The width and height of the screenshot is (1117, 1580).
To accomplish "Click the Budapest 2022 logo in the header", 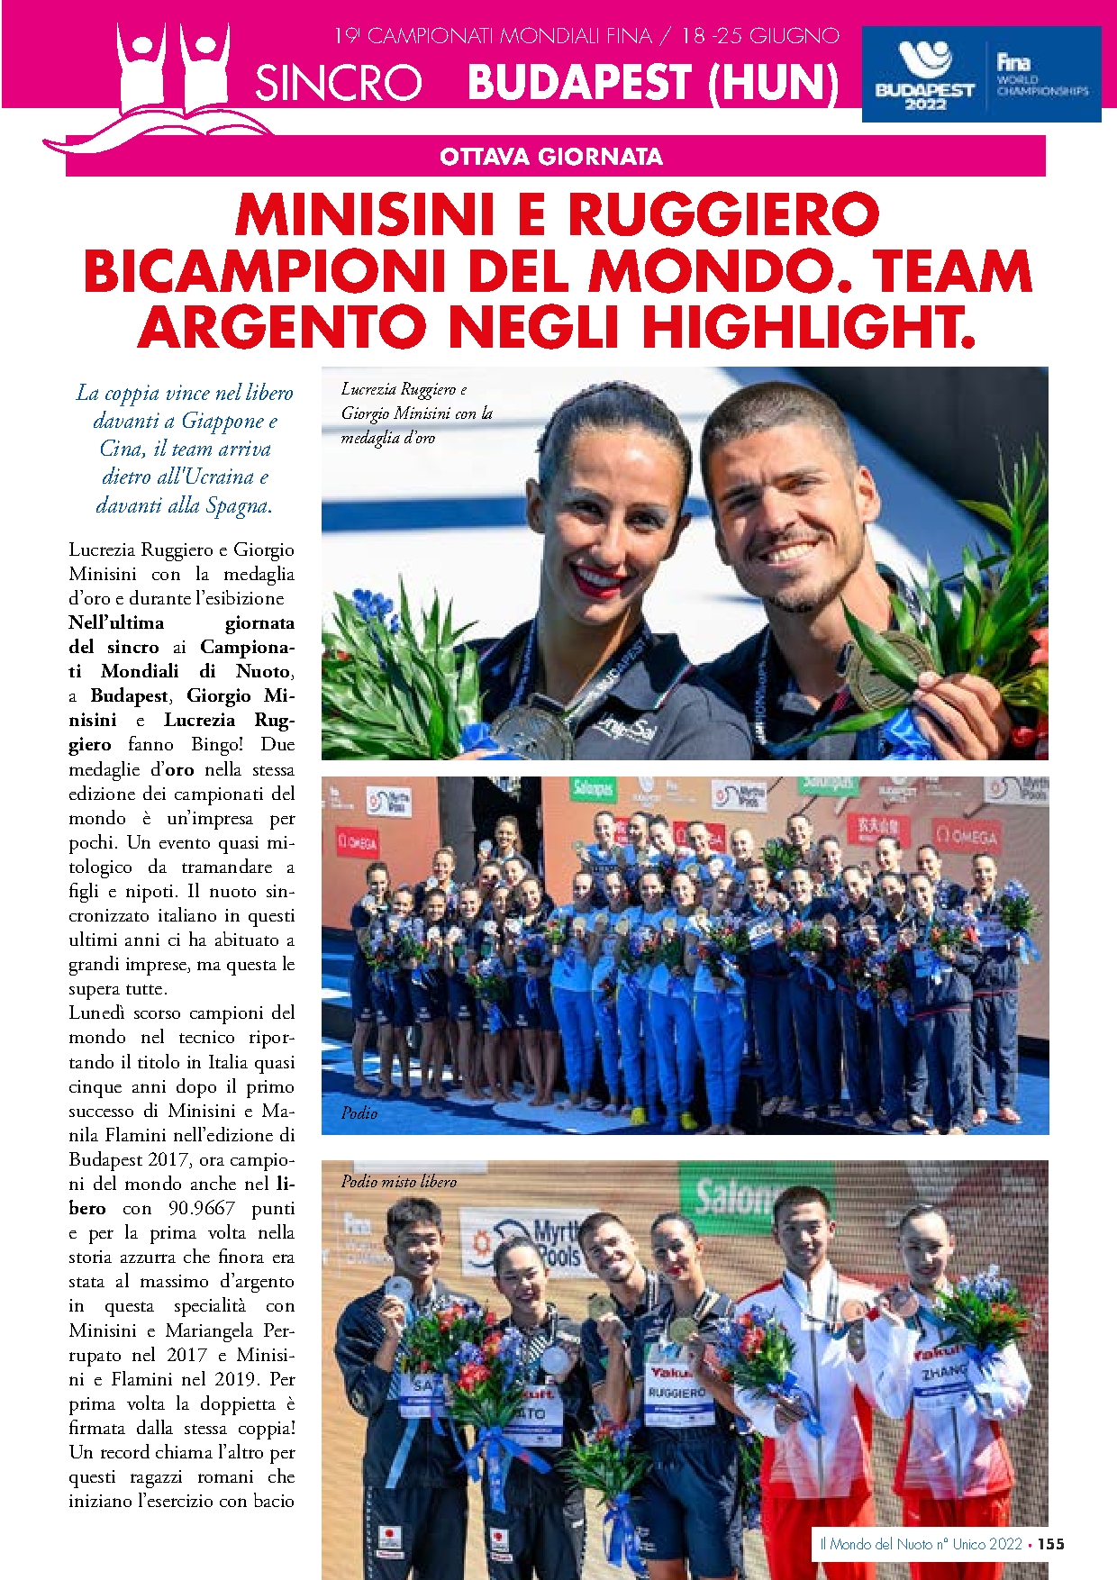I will (924, 77).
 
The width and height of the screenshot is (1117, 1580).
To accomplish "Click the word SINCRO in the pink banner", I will (339, 83).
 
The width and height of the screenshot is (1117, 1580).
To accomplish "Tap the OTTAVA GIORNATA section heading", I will (551, 157).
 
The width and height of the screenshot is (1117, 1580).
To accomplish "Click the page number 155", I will (1050, 1544).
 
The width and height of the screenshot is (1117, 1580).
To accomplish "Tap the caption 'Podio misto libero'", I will (398, 1181).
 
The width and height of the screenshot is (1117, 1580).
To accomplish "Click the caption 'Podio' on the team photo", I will (359, 1112).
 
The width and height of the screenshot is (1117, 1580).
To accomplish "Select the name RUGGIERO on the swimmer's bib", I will (677, 1393).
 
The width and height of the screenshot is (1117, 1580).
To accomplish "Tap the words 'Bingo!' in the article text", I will (216, 745).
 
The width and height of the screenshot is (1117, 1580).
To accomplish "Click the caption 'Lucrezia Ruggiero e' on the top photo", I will (404, 389).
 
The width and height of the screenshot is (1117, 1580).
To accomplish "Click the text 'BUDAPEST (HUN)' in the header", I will (653, 83).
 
